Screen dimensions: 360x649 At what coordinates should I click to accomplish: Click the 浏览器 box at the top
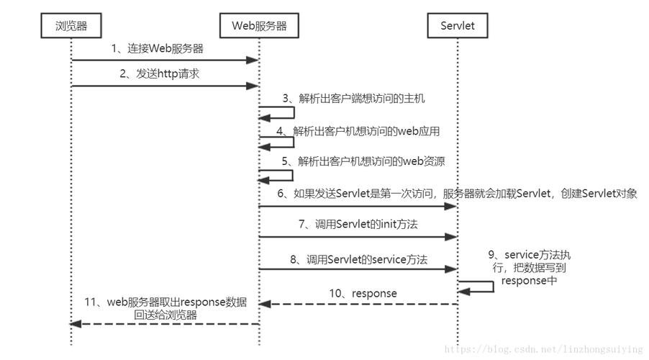[71, 27]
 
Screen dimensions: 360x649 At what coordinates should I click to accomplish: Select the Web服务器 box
[259, 27]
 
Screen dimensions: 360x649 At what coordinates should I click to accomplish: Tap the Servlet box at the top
[457, 27]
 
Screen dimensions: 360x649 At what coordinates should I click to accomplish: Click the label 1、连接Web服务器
[157, 49]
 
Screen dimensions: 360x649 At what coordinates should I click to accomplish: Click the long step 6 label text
[457, 194]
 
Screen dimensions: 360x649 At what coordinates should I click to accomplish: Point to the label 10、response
[363, 293]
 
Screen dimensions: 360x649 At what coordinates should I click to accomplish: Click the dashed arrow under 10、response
[358, 304]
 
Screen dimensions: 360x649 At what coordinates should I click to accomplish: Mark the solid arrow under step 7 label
[358, 236]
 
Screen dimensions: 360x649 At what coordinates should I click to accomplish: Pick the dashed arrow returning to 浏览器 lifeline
[165, 324]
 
